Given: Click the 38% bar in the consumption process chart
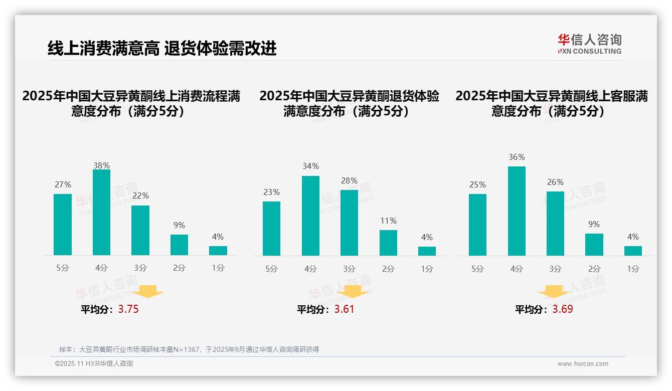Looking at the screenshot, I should coord(102,212).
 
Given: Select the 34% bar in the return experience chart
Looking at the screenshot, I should coord(310,216).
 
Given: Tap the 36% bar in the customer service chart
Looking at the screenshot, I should coord(517,211).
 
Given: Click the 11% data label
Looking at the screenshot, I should coord(388,221).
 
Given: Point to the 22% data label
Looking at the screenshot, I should coord(140,195).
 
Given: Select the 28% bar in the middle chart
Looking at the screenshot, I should coord(349,223).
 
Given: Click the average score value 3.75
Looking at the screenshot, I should coord(128,309).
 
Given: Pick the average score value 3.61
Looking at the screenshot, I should coord(344,309).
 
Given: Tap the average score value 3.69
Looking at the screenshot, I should coord(563,309).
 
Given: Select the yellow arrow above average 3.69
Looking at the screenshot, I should coord(554,291).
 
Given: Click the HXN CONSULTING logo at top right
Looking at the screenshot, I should coord(589,44).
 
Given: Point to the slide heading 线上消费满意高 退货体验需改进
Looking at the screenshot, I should coord(162,49).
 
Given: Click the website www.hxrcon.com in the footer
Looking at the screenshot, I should coord(583,364).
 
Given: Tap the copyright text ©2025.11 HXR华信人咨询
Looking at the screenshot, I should coord(94,364).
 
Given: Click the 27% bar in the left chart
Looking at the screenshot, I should coord(63,225).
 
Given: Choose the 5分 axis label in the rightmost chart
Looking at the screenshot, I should coord(477,269).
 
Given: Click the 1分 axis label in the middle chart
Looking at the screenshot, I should coord(427,269).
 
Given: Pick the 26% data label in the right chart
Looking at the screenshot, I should coord(555,182).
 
